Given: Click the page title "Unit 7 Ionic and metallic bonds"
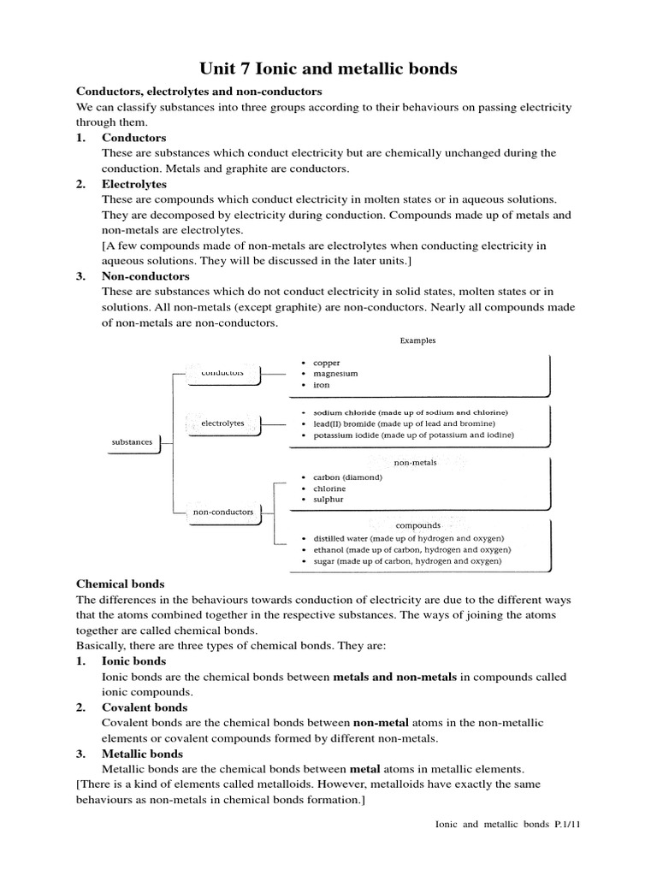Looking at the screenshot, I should (x=328, y=68).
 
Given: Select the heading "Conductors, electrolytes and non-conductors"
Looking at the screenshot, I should (x=199, y=91).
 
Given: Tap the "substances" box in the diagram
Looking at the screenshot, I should (x=133, y=442).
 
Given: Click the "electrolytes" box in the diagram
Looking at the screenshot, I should (x=222, y=423).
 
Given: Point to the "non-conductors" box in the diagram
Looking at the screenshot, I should (x=223, y=512).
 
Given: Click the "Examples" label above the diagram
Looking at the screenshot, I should (x=417, y=340).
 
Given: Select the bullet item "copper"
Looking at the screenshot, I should (x=326, y=363).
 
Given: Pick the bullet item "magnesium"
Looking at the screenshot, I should (x=335, y=374).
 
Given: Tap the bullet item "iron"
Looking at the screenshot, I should (x=321, y=386).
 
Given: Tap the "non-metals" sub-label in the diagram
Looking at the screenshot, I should (x=416, y=463).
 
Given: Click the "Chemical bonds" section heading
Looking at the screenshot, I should (x=121, y=583).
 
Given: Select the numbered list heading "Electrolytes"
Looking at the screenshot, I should (x=134, y=184).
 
